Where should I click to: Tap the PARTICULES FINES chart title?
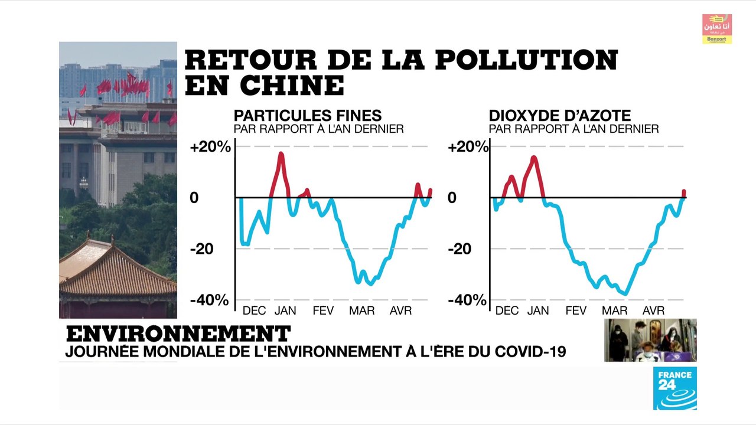pos(307,116)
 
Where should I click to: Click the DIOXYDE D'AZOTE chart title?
pos(559,116)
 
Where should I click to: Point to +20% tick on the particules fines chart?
pos(210,146)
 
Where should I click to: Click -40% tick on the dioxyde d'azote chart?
pos(467,300)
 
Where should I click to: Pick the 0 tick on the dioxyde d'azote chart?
pos(452,198)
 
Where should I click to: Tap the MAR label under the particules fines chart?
pos(361,310)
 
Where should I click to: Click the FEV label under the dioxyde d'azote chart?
pos(575,310)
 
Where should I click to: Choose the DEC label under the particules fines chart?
pos(255,310)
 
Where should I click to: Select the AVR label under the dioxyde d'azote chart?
pos(653,310)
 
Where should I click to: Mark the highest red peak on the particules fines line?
pos(281,153)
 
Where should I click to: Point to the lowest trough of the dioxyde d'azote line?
pos(625,293)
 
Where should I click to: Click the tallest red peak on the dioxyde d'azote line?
pos(534,157)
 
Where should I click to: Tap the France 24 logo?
pos(674,388)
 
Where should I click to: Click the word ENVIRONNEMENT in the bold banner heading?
pos(178,334)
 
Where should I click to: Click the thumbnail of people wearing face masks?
pos(650,340)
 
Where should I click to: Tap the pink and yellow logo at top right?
pos(716,29)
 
